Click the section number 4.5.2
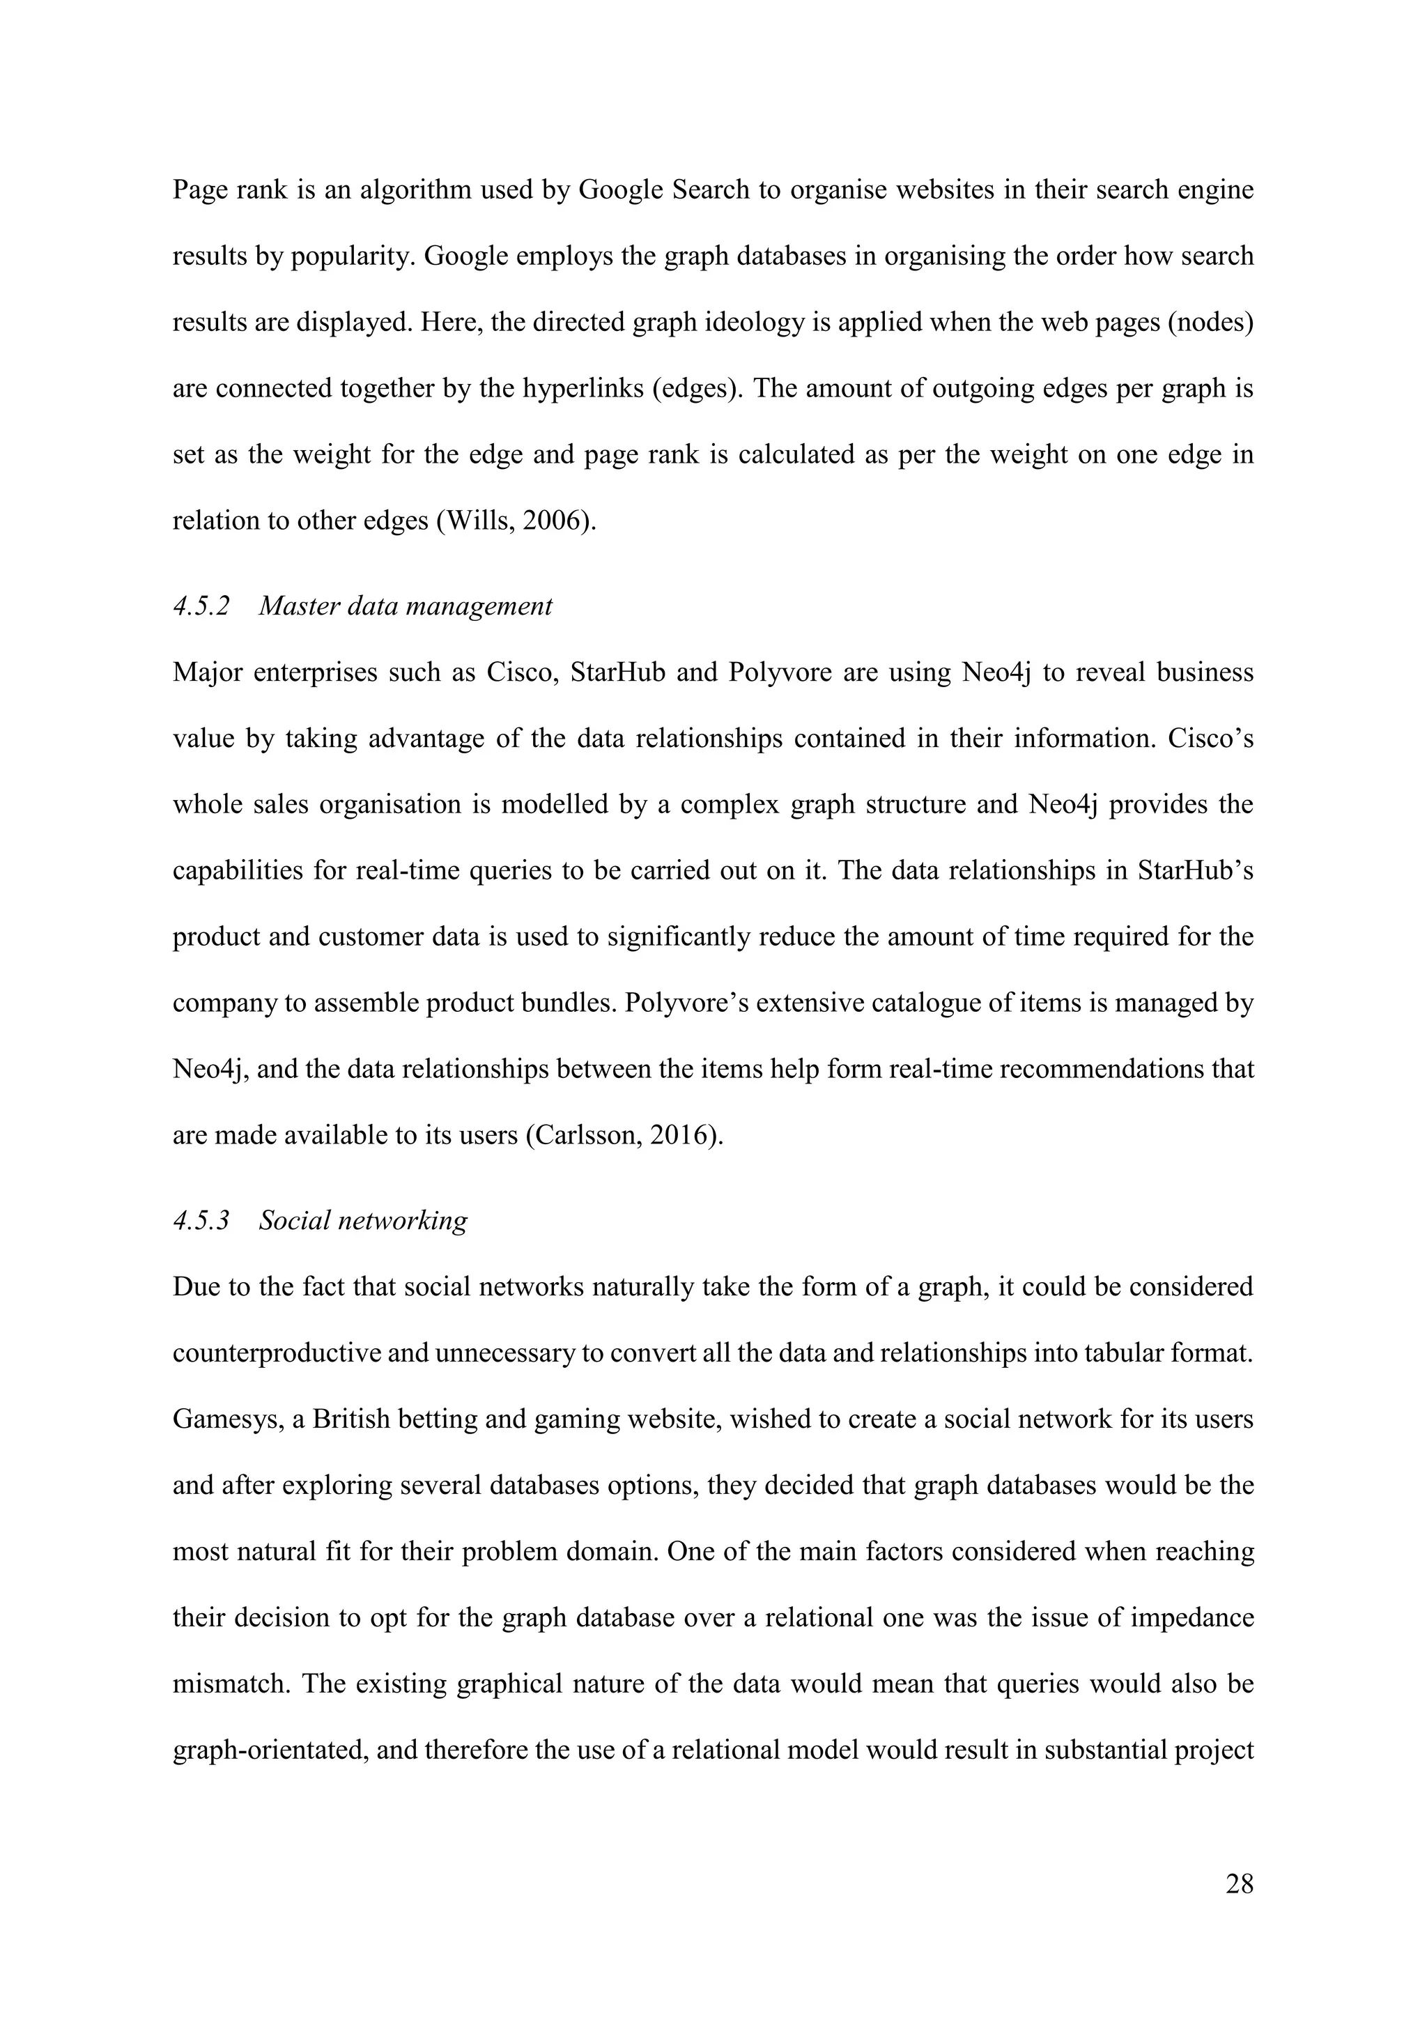pos(201,606)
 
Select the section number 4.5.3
pos(201,1221)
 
